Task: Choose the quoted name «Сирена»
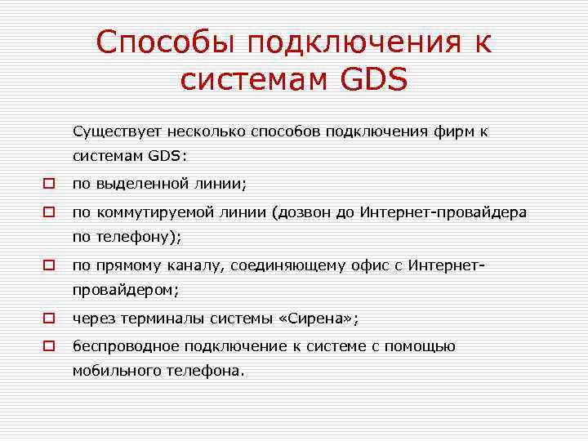coord(324,318)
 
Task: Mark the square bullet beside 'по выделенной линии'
coord(50,183)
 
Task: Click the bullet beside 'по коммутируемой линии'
coord(50,212)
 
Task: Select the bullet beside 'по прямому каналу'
coord(50,265)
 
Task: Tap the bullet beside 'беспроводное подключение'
coord(50,346)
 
